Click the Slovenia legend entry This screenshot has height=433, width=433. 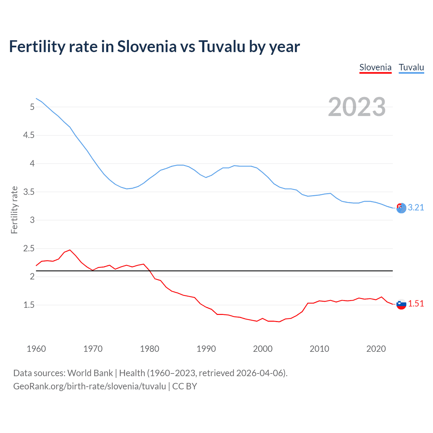[x=375, y=67]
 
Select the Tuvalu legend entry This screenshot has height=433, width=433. [x=411, y=67]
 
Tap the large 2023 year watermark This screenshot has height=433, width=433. [x=357, y=107]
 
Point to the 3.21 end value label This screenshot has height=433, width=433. [x=416, y=207]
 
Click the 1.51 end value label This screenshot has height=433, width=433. [x=416, y=303]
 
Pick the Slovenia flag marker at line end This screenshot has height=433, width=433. [x=401, y=304]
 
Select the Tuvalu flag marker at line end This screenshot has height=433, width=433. [x=401, y=208]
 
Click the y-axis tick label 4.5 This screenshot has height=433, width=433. [x=29, y=135]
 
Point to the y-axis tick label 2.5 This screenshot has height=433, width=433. [x=29, y=249]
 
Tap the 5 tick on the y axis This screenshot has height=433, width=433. [x=32, y=107]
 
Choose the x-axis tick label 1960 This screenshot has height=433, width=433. [x=36, y=349]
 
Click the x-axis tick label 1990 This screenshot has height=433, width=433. [x=206, y=349]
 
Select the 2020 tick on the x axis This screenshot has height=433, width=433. [x=376, y=349]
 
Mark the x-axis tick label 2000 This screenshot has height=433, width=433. [x=263, y=349]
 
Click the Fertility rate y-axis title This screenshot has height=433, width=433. [x=14, y=210]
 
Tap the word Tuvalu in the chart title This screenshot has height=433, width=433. [x=222, y=46]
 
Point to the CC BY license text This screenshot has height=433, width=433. [x=185, y=386]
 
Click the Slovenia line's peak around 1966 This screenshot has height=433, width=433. [x=70, y=250]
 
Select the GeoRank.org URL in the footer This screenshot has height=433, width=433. [x=89, y=386]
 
